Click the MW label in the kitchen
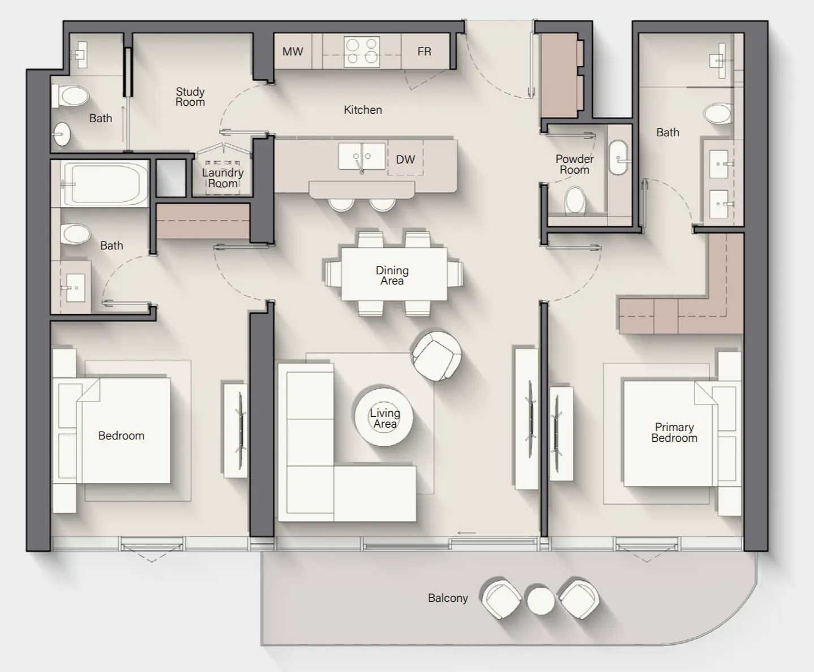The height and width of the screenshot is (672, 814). point(293,51)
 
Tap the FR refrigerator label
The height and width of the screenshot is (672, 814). point(424,51)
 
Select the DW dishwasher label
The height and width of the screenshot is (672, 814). point(405,160)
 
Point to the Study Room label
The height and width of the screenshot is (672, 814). point(190,97)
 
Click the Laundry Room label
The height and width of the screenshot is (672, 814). point(223,178)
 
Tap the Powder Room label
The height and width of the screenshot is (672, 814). point(575,165)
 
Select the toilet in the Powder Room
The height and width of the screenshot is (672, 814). point(576,201)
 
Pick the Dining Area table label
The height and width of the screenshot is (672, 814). point(392,275)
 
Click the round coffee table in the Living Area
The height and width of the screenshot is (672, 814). point(384,417)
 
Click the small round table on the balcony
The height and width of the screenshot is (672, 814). point(541,601)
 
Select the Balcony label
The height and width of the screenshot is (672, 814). point(448,598)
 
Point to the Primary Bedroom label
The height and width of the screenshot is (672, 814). point(674,432)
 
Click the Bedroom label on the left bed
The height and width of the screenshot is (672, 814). point(121,436)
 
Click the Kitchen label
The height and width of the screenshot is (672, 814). point(363,110)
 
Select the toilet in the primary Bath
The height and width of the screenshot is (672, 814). point(719,113)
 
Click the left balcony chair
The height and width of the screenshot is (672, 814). point(502,599)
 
